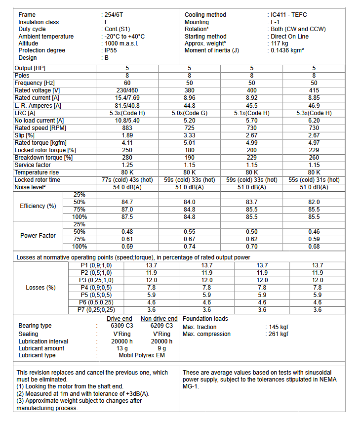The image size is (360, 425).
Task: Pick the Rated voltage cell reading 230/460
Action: coord(127,90)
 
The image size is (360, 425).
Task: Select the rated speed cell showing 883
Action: coord(127,127)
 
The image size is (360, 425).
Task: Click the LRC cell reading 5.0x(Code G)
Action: coord(189,113)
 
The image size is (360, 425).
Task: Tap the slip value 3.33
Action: coord(189,135)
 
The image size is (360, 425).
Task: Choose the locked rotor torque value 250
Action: coord(127,150)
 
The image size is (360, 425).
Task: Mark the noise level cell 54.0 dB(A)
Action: coord(127,187)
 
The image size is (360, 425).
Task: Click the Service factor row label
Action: coord(33,165)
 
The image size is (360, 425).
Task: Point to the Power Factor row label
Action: coord(38,235)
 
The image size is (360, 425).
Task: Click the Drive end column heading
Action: coord(120,319)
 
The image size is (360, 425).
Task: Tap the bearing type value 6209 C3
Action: coord(159,326)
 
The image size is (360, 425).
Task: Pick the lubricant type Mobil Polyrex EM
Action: coord(141,355)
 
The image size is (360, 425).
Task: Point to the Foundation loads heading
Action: coord(205,319)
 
